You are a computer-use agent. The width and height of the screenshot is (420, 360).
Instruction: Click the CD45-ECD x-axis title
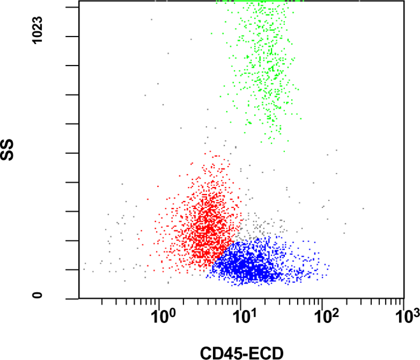point(241,352)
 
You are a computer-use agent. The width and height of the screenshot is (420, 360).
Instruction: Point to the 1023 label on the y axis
point(38,36)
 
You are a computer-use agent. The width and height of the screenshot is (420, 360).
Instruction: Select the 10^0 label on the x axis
point(163,317)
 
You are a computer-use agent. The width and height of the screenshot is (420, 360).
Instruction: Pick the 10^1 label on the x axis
point(245,317)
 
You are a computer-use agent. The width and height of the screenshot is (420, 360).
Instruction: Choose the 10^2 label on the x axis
point(327,317)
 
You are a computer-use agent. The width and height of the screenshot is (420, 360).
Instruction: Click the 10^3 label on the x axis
point(408,317)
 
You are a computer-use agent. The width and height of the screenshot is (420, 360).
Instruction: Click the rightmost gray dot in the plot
point(363,208)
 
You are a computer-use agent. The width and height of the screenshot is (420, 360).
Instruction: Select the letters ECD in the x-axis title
point(266,352)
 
